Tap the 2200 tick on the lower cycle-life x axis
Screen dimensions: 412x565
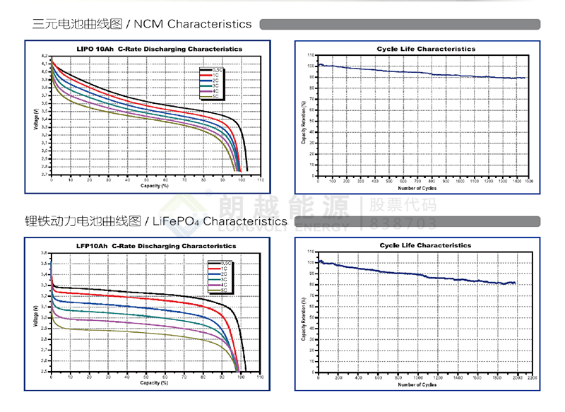(532, 378)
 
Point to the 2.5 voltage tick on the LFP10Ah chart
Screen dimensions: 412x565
(44, 371)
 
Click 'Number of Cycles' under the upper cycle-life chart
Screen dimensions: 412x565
(417, 188)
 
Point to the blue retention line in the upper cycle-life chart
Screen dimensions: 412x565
(424, 72)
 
